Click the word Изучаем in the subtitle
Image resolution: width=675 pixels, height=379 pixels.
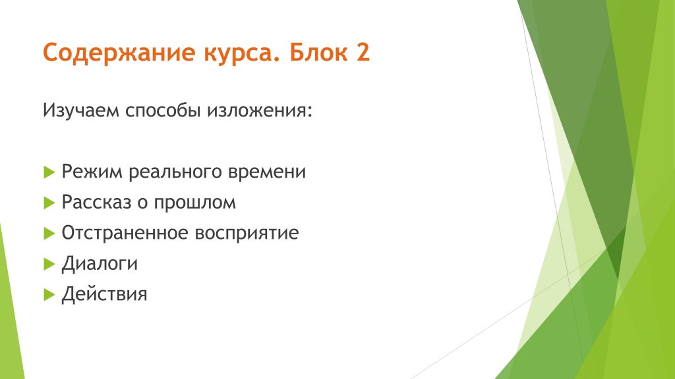(x=81, y=111)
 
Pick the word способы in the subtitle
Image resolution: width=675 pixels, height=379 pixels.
(x=163, y=111)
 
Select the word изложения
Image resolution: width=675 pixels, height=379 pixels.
(x=259, y=111)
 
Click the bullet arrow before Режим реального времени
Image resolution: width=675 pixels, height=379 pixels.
(x=49, y=172)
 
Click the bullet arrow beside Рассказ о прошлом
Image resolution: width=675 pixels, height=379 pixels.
(x=49, y=203)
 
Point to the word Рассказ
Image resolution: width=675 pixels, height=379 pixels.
(x=96, y=203)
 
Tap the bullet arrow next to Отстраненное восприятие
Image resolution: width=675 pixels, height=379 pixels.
(x=49, y=234)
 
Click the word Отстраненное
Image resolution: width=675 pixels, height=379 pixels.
(x=125, y=233)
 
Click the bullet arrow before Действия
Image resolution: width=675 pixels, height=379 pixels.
(x=49, y=295)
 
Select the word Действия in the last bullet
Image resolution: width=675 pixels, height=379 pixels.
(x=104, y=294)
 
